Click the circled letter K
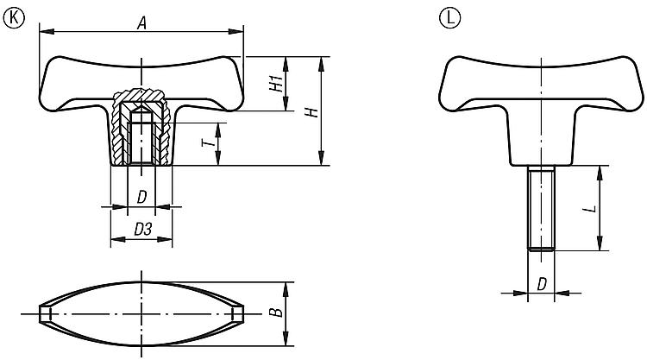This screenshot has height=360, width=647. point(14,19)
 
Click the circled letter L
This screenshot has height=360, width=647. point(449,18)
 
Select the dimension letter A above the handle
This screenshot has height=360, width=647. point(142,23)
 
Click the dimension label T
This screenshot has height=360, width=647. point(209,142)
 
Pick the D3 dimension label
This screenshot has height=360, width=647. point(142,229)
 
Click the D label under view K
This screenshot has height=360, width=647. point(141,198)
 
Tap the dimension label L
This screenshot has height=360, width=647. point(590,208)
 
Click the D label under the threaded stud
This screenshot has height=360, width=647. point(542,284)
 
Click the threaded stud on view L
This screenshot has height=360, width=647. point(542,208)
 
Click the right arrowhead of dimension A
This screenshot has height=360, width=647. point(236,31)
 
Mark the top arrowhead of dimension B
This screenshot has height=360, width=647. point(286,290)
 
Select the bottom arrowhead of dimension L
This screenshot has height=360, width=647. point(600,243)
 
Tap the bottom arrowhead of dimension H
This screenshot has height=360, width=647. point(322,158)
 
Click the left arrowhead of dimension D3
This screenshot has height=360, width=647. point(118,238)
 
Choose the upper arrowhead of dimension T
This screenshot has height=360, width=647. point(218,130)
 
